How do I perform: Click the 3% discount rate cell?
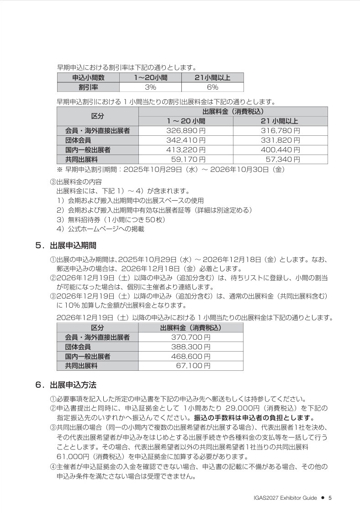point(150,87)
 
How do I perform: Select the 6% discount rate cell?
point(212,87)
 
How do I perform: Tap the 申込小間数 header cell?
point(88,78)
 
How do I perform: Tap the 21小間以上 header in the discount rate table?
point(212,78)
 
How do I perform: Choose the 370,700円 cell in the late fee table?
point(191,337)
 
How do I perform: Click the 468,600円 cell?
point(191,356)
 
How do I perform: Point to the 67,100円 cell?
point(193,366)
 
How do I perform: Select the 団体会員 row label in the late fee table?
point(78,347)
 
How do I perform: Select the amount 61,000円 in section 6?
point(76,456)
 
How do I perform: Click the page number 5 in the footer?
point(330,498)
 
